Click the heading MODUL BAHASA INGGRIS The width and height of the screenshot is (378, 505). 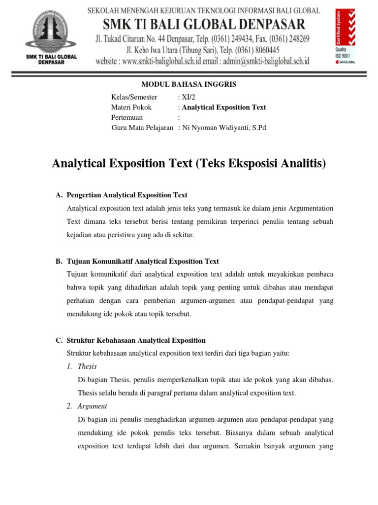(189, 84)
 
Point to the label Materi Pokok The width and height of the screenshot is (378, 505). (131, 107)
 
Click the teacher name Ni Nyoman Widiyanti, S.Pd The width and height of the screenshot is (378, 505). (224, 128)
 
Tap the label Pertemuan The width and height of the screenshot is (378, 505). (127, 117)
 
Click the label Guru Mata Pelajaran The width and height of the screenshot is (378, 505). (142, 128)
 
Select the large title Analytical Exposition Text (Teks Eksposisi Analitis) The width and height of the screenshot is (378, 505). (189, 163)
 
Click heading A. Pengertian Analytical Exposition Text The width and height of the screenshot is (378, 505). (122, 195)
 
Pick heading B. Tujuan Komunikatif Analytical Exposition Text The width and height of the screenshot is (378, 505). (137, 261)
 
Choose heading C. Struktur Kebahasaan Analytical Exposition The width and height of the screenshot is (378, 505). (130, 340)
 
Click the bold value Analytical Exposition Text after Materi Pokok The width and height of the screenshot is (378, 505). (224, 107)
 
